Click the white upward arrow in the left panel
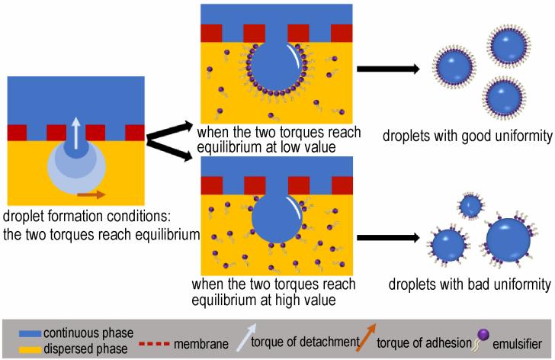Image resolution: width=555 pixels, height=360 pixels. (x=75, y=133)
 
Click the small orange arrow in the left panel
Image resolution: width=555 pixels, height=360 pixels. (x=91, y=194)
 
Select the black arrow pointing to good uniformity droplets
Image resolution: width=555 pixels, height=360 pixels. (x=388, y=69)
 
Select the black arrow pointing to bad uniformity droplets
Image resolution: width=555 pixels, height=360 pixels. (x=388, y=237)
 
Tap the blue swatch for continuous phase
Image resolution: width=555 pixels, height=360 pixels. (x=30, y=333)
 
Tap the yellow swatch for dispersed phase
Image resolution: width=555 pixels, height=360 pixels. (x=30, y=350)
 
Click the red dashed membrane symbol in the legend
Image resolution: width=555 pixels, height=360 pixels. (x=154, y=344)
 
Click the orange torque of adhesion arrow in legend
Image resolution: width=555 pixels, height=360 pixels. (x=366, y=337)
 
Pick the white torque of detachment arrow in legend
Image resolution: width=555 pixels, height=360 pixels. (x=246, y=337)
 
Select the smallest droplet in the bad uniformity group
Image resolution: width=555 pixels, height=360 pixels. (x=470, y=205)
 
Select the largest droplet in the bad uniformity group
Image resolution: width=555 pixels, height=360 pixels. (x=508, y=240)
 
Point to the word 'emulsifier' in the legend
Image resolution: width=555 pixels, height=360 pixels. (x=517, y=344)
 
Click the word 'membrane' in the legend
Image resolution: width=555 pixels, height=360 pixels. (x=201, y=344)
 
